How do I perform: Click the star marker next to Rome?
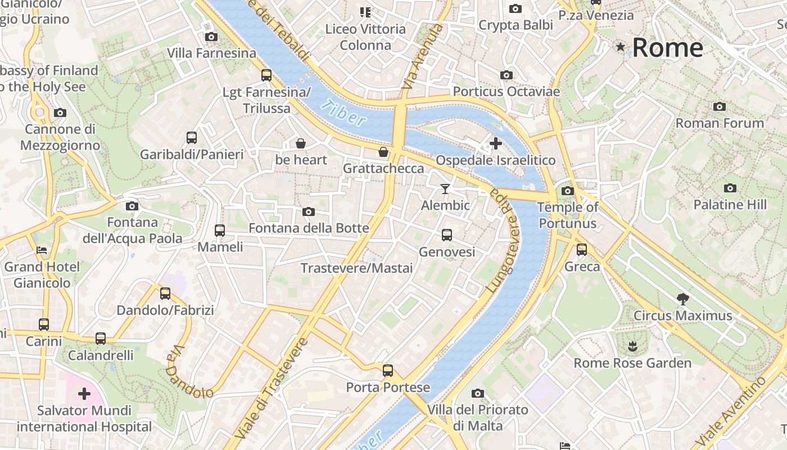621,47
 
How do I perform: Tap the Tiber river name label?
344,111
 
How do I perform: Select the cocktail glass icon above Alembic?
445,188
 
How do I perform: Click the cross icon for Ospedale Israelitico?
495,143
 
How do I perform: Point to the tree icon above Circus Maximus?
682,299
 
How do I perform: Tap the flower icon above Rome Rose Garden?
632,345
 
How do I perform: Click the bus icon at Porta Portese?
388,371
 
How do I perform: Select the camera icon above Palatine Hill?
730,188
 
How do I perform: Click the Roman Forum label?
720,123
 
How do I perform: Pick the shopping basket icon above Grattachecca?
383,152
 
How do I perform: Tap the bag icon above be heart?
301,143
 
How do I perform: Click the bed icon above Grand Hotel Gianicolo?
42,250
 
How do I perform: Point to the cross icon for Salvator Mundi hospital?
84,393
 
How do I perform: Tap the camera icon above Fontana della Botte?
308,211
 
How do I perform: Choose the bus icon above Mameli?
220,230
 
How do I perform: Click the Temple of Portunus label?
568,215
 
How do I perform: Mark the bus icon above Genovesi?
447,235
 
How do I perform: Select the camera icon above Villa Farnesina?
211,37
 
